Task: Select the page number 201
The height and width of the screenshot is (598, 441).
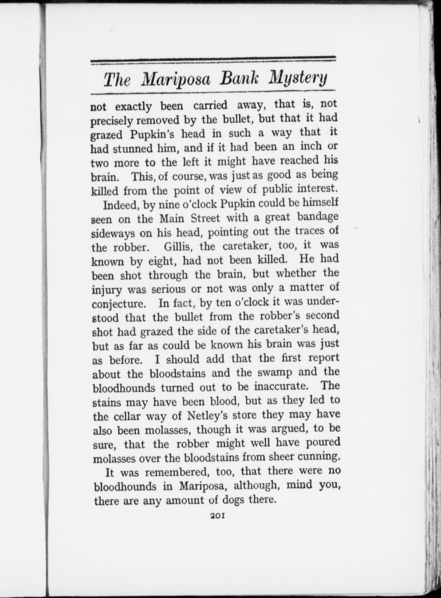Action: (x=218, y=515)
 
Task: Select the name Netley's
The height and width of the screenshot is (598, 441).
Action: (x=207, y=416)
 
